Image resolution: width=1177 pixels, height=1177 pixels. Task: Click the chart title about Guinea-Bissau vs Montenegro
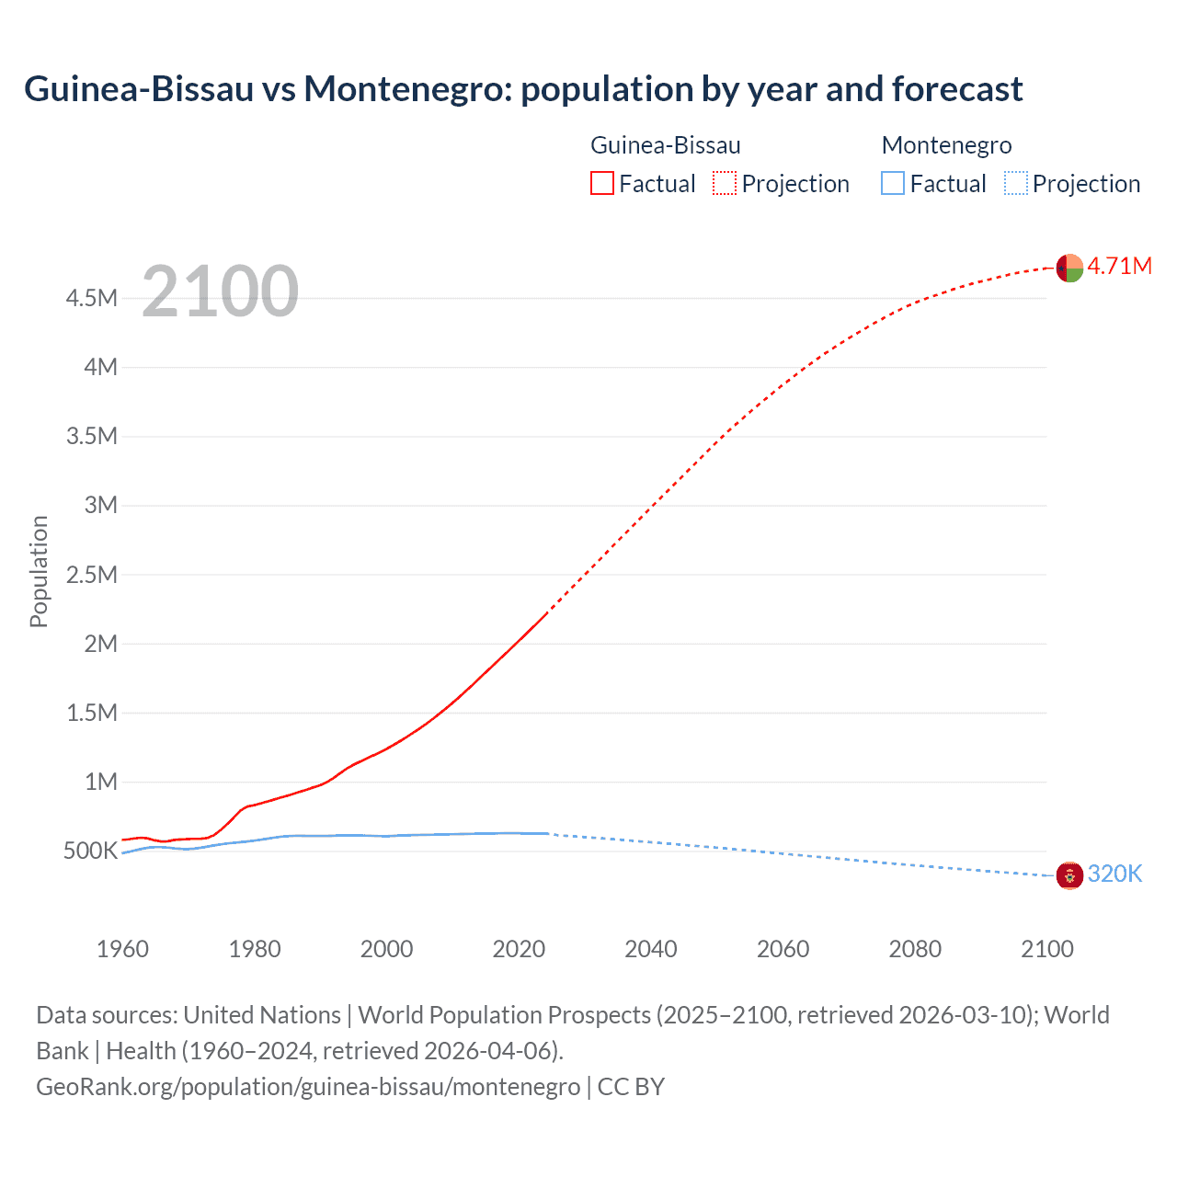[x=522, y=89]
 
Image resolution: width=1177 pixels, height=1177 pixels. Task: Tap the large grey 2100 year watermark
[x=220, y=291]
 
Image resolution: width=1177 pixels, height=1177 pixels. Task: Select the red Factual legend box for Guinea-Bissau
[x=602, y=184]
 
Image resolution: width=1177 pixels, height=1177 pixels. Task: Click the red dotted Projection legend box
[x=725, y=184]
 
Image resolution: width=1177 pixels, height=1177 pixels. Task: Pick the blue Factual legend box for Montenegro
[x=893, y=184]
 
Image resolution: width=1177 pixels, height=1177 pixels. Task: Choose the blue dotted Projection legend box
[x=1016, y=184]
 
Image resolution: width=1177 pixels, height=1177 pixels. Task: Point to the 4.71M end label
[x=1119, y=267]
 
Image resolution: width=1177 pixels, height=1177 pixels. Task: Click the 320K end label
[x=1114, y=874]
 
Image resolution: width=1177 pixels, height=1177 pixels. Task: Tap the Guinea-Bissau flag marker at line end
[x=1069, y=268]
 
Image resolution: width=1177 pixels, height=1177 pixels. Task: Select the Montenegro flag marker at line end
[x=1069, y=875]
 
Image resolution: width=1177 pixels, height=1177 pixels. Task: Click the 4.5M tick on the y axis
[x=91, y=298]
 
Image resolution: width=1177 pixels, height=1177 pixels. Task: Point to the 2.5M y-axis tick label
[x=91, y=575]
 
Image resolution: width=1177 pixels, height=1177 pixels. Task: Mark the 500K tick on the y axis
[x=90, y=851]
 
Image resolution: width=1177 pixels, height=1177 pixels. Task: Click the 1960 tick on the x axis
[x=122, y=949]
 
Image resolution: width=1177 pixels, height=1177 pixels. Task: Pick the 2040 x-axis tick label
[x=651, y=949]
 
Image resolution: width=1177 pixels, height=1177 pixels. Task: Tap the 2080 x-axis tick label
[x=915, y=949]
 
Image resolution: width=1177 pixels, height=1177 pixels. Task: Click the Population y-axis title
[x=39, y=571]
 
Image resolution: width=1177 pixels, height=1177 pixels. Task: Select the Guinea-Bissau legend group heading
[x=665, y=145]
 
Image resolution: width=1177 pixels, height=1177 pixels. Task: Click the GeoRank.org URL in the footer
[x=308, y=1087]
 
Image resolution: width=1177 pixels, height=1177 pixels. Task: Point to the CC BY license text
[x=631, y=1087]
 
